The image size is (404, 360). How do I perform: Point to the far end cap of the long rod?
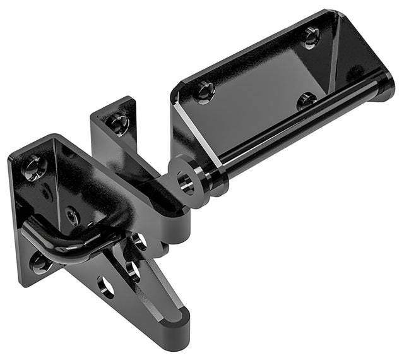383,86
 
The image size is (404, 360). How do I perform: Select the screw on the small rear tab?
118,121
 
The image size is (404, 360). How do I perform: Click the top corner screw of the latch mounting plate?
32,167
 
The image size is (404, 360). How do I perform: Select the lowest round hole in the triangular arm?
107,288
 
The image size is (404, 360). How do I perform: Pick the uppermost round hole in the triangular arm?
140,241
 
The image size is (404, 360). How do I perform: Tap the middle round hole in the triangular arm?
133,270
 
